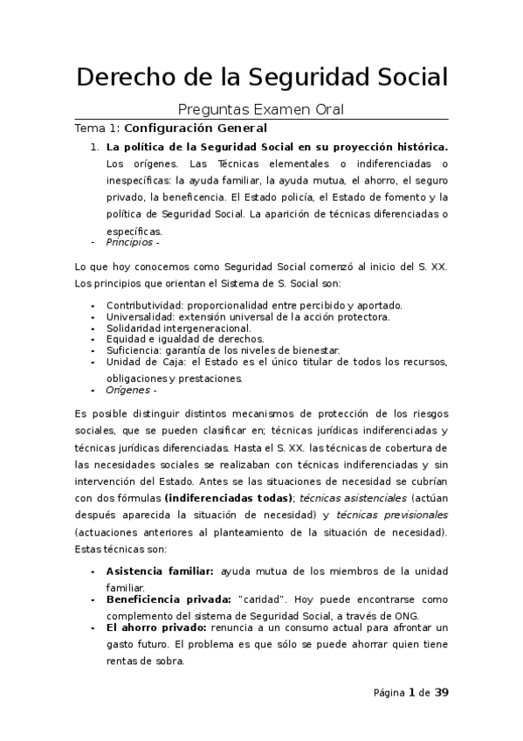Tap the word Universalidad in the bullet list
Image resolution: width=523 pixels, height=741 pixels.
tap(140, 316)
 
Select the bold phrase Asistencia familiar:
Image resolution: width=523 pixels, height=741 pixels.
tap(159, 571)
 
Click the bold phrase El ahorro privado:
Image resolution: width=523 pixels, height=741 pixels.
tap(155, 628)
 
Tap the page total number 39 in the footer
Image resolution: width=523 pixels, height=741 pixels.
tap(441, 693)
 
